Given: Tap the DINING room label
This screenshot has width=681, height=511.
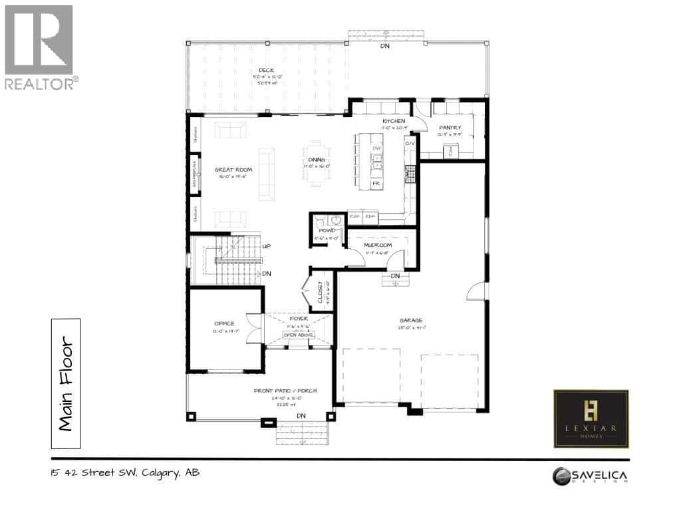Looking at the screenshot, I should pyautogui.click(x=317, y=160).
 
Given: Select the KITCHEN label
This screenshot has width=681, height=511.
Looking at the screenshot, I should pyautogui.click(x=393, y=120).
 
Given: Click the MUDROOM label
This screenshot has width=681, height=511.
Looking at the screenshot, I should pyautogui.click(x=377, y=245).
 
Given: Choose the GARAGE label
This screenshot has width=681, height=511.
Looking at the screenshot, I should pyautogui.click(x=411, y=320).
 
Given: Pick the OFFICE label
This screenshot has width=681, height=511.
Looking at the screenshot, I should pyautogui.click(x=224, y=323).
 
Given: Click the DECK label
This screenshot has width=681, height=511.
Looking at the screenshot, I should pyautogui.click(x=267, y=70).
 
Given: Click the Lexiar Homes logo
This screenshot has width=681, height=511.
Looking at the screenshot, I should pyautogui.click(x=591, y=419).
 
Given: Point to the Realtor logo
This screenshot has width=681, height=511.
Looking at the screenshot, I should pyautogui.click(x=39, y=47).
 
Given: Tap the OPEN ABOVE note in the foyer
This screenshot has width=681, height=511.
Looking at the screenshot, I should pyautogui.click(x=298, y=335).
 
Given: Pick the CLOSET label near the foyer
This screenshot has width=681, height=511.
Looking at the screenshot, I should pyautogui.click(x=321, y=291).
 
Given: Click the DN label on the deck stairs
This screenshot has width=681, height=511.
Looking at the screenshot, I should pyautogui.click(x=384, y=46).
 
